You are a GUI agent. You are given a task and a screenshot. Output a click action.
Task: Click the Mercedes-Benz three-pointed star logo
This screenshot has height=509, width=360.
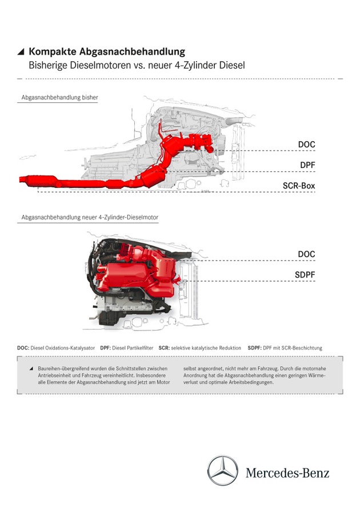[222, 471]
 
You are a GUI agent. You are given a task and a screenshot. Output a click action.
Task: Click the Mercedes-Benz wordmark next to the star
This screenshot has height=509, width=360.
[287, 472]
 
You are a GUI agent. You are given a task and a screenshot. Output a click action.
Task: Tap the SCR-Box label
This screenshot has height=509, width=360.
[298, 186]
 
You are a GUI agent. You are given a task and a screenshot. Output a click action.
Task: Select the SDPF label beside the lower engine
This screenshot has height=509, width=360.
[305, 275]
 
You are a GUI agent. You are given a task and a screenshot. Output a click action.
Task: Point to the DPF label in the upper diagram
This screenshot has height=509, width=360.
[306, 165]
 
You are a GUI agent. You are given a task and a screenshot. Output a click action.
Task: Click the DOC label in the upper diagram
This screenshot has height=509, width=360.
[306, 145]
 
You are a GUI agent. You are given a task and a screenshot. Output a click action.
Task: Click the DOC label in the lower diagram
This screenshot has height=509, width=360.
[306, 254]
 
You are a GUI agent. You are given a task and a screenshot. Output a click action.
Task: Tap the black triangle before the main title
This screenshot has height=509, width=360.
[21, 52]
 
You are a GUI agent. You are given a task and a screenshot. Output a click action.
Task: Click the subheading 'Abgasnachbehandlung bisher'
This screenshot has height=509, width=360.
[59, 98]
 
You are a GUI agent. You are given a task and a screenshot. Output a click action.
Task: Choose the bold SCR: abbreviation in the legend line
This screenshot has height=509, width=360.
[163, 347]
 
